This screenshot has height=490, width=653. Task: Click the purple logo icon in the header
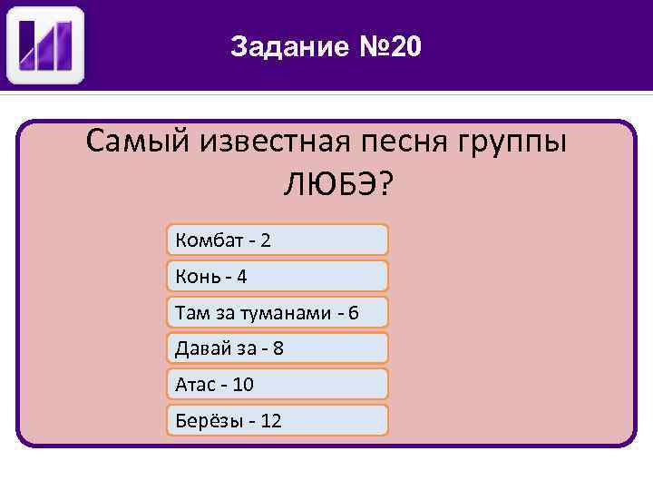coord(45,45)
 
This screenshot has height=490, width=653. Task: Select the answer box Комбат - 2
coord(278,240)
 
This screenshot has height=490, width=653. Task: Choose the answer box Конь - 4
coord(278,276)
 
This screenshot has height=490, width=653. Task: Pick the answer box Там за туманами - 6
coord(278,312)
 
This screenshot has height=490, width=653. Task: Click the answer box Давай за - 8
coord(278,348)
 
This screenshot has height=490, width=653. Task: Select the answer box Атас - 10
coord(278,384)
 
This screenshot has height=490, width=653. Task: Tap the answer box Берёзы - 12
coord(278,420)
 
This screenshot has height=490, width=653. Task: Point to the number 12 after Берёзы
coord(270,421)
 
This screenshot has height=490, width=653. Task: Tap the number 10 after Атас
coord(243,385)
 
